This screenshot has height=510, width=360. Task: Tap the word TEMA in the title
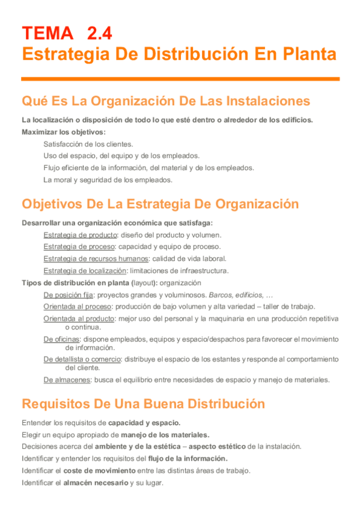pos(47,32)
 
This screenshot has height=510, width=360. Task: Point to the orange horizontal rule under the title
pos(180,78)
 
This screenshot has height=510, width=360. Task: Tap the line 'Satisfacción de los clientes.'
pos(88,144)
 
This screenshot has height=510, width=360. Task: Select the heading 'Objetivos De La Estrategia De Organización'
pos(160,204)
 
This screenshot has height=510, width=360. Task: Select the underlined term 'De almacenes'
pos(66,379)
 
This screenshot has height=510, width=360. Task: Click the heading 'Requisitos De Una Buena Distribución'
pos(143,404)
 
